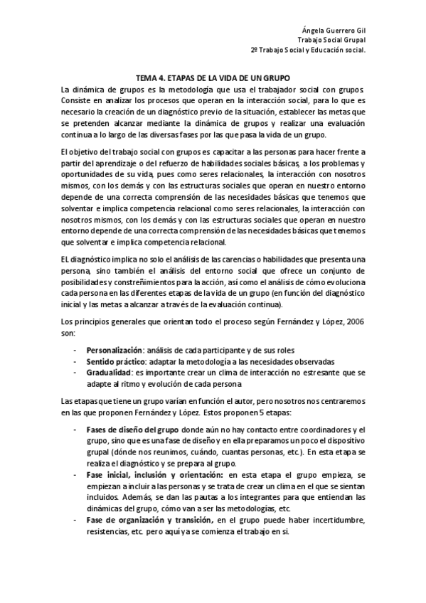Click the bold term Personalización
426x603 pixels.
point(114,350)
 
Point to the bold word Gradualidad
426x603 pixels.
point(109,372)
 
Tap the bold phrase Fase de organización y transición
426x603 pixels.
point(142,519)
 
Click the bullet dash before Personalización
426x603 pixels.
point(75,350)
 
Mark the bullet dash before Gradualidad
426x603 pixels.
point(75,372)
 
